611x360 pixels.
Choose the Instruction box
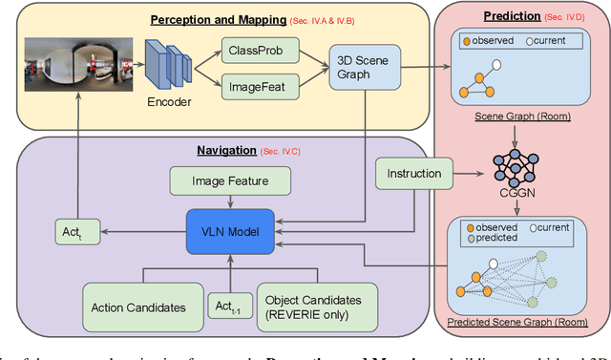click(412, 174)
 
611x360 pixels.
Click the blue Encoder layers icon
click(170, 67)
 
